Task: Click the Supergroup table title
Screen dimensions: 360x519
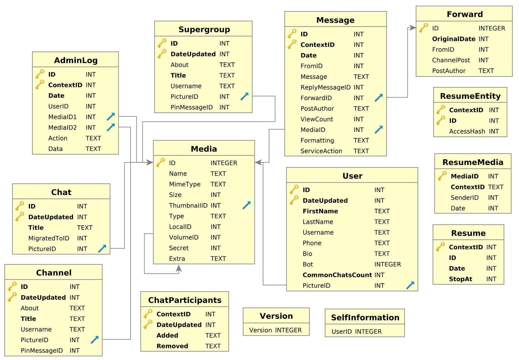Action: [204, 29]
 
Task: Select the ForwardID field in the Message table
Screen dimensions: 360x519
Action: [316, 98]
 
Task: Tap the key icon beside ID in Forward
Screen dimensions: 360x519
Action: [423, 28]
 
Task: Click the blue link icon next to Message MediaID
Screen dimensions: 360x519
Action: [379, 129]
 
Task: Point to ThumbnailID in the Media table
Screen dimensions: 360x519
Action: [188, 205]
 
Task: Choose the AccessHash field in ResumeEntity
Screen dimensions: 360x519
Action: [467, 131]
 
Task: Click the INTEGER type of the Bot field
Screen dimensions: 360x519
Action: [387, 264]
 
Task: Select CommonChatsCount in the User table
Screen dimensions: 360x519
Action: [337, 275]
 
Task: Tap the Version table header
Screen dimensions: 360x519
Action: [276, 316]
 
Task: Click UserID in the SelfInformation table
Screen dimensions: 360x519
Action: [341, 331]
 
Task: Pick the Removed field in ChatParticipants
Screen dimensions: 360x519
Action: [172, 346]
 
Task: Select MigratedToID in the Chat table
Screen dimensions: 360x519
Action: [49, 238]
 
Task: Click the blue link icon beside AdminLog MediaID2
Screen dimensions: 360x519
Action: [111, 127]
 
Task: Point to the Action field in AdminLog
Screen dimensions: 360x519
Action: [58, 138]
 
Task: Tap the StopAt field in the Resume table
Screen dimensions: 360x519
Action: [460, 279]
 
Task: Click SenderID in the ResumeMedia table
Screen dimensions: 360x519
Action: [464, 198]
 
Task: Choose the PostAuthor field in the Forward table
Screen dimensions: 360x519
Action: [448, 71]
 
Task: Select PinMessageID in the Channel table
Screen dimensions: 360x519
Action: [42, 351]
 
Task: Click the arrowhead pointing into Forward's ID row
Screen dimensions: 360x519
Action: [413, 28]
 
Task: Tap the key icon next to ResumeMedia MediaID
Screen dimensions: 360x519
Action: [442, 176]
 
